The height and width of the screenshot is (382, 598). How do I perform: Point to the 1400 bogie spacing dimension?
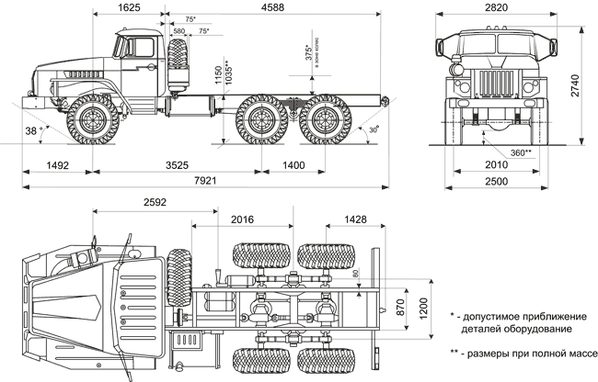(293, 166)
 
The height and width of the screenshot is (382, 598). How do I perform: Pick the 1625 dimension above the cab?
(129, 7)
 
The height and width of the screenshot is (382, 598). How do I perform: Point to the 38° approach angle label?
(33, 131)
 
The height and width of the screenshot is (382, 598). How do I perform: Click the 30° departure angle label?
(373, 129)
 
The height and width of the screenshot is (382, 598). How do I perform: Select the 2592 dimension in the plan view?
(155, 202)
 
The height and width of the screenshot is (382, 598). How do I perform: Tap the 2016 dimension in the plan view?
(245, 220)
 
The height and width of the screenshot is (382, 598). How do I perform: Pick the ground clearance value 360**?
(522, 152)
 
